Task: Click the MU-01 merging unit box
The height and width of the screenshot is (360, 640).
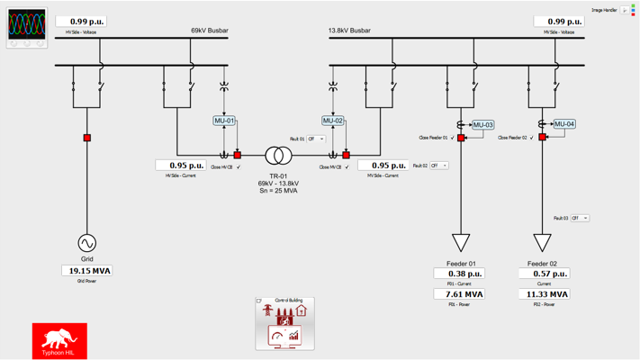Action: (224, 121)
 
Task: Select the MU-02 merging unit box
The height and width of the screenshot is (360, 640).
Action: (333, 121)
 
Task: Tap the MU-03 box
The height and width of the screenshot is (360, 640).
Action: (483, 125)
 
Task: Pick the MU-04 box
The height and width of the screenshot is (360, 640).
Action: (564, 124)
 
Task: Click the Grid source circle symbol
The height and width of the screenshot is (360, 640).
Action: (87, 243)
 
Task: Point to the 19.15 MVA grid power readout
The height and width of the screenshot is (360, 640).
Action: (87, 271)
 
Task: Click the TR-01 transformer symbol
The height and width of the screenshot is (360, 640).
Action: (278, 157)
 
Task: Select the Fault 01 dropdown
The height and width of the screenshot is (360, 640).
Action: (316, 139)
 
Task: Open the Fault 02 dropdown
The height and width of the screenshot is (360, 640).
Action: (438, 166)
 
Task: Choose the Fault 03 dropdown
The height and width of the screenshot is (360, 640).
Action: (580, 218)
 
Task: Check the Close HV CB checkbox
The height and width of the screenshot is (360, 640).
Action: (239, 167)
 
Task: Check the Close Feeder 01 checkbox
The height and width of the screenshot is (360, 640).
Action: (453, 138)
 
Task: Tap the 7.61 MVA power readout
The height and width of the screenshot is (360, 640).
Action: (459, 294)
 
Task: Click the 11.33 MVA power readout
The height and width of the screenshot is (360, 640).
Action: (544, 294)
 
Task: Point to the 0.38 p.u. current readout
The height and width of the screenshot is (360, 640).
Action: (459, 274)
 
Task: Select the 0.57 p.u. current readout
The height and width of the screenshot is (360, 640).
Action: (544, 274)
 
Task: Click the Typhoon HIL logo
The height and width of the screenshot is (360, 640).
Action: (59, 340)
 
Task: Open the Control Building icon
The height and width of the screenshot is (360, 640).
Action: (284, 324)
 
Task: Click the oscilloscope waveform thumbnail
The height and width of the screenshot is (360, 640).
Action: (27, 27)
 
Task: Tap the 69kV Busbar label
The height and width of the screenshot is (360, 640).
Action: (210, 31)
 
